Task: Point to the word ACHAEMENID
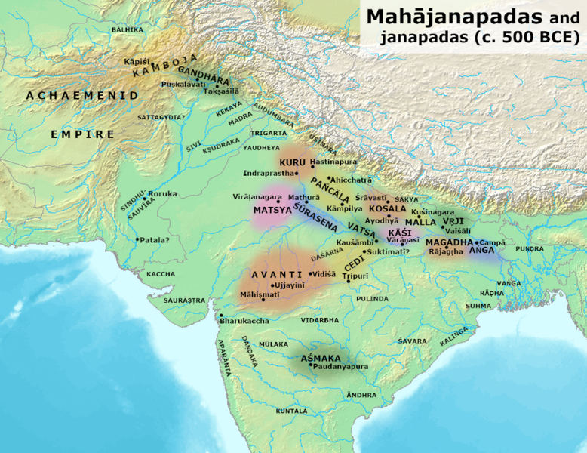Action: pyautogui.click(x=82, y=96)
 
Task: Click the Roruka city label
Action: pyautogui.click(x=163, y=194)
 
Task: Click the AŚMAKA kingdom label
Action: pyautogui.click(x=321, y=357)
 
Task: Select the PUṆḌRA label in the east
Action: pyautogui.click(x=530, y=248)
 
